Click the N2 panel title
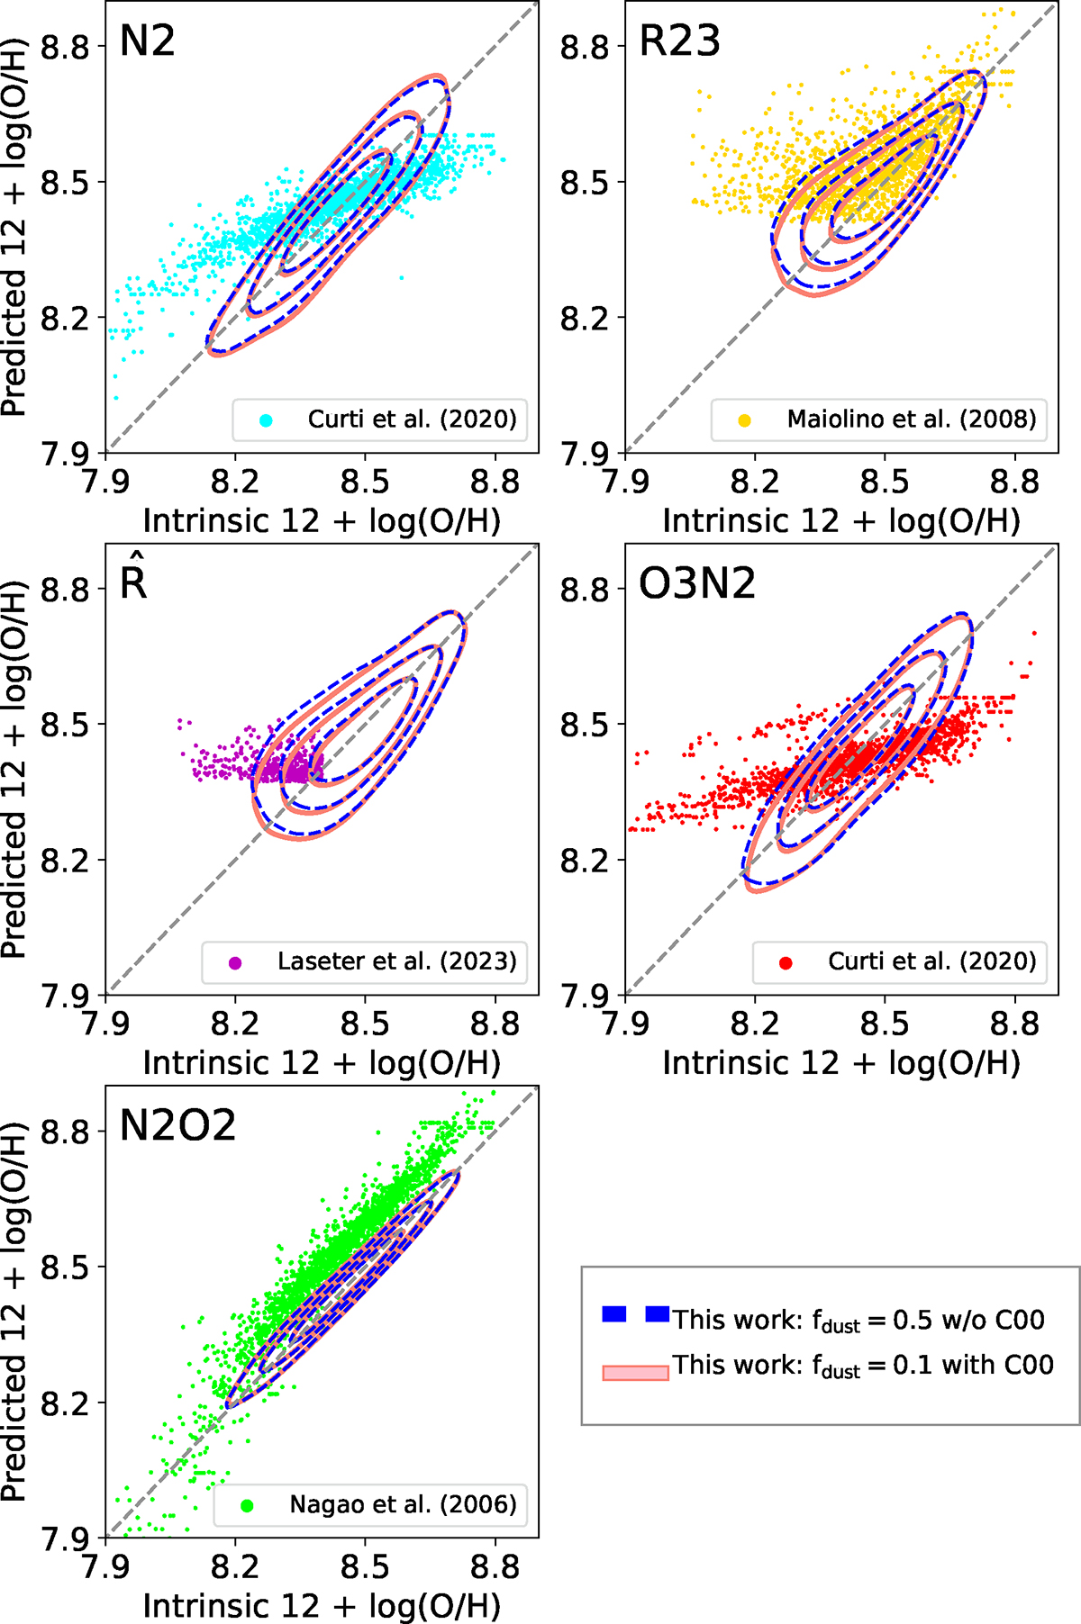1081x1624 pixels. coord(147,41)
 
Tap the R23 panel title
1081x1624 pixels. coord(679,41)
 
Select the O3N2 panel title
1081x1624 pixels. coord(697,584)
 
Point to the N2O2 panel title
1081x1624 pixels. coord(177,1125)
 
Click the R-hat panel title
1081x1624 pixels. coord(133,582)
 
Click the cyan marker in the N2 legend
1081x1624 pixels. coord(266,420)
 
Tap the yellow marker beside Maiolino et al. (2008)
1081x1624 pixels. coord(744,420)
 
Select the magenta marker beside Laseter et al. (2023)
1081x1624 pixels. coord(235,962)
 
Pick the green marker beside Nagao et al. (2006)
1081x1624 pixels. coord(247,1505)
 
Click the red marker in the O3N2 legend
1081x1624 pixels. coord(786,962)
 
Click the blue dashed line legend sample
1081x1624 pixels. coord(635,1315)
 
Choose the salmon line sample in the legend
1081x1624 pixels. coord(635,1372)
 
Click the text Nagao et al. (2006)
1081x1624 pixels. coord(403,1504)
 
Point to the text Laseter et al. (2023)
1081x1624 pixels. coord(396,961)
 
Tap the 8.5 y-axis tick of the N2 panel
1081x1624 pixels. coord(66,182)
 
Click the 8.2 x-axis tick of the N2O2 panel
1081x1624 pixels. coord(235,1567)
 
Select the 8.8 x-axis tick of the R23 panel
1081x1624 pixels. coord(1014,483)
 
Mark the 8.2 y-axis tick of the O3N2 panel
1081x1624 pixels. coord(586,861)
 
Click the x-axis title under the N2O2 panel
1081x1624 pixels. coord(322,1606)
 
